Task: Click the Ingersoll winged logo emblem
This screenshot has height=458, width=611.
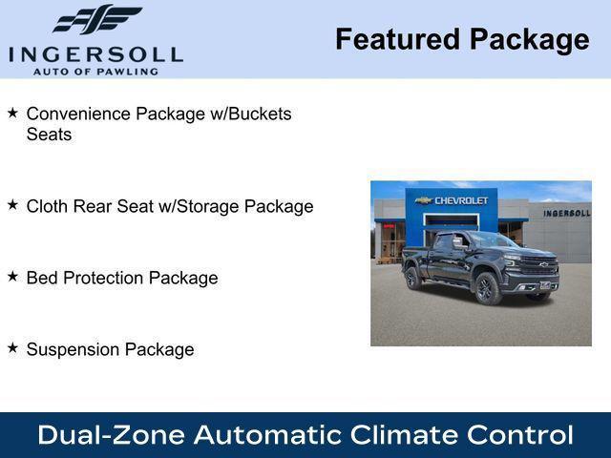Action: click(96, 19)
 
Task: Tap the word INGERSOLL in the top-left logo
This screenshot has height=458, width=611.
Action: click(95, 53)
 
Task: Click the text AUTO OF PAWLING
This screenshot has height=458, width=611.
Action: click(95, 72)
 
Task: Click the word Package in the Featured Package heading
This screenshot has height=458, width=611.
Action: click(530, 39)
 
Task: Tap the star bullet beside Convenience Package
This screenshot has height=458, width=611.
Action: click(12, 113)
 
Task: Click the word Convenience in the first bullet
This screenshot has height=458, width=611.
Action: click(78, 114)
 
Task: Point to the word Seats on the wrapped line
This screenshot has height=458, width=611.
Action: click(49, 135)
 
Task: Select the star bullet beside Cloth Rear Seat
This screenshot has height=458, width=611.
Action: click(12, 205)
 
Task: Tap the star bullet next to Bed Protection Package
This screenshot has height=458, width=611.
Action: click(12, 277)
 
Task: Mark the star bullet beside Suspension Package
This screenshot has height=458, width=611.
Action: click(12, 348)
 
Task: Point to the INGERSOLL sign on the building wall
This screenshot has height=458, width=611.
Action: click(566, 213)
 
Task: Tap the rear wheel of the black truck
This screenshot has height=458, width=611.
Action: click(413, 278)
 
